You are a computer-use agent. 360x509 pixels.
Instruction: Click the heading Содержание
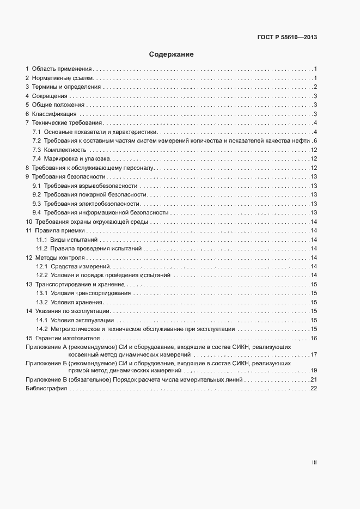click(x=172, y=54)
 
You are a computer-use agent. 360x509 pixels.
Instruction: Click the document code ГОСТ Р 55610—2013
click(x=287, y=38)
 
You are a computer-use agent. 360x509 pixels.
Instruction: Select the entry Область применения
click(x=62, y=69)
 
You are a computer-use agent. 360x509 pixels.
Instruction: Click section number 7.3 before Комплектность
click(x=37, y=150)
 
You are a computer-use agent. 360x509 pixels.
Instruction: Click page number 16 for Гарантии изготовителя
click(x=314, y=338)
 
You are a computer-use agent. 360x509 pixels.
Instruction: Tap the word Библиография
click(x=46, y=389)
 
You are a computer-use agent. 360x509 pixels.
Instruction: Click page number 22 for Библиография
click(x=314, y=389)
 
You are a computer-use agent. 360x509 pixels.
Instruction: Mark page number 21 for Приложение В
click(x=314, y=379)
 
